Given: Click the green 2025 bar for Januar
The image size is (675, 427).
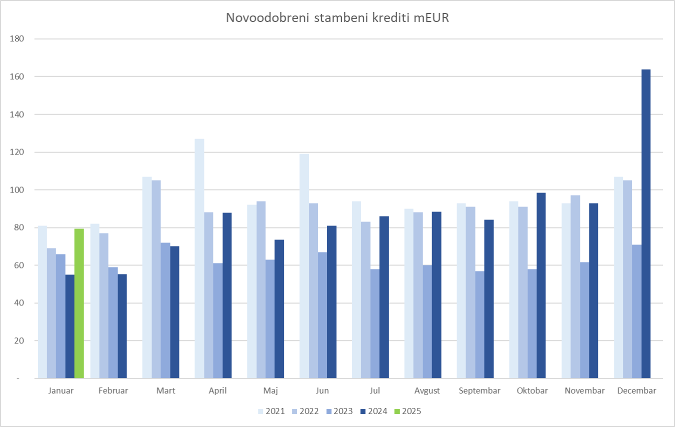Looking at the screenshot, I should [x=79, y=303].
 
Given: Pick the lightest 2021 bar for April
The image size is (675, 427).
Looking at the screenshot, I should [x=199, y=258].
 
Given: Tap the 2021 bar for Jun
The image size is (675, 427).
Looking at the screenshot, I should [x=304, y=266].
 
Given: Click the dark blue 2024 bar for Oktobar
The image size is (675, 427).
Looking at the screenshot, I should [x=541, y=285].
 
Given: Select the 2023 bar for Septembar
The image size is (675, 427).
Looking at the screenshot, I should [x=479, y=324].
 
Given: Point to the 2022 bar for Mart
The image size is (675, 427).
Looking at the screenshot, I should [x=156, y=279].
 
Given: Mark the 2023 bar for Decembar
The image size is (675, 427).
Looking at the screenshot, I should [x=637, y=311].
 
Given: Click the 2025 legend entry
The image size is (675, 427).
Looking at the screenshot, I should [x=408, y=411].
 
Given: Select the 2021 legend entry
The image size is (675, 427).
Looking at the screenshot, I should [x=271, y=411].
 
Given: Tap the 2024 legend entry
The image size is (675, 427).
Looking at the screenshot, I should [x=374, y=411].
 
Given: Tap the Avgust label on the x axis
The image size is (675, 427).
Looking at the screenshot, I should [x=427, y=391].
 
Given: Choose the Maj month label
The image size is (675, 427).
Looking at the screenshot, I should [x=270, y=391].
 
